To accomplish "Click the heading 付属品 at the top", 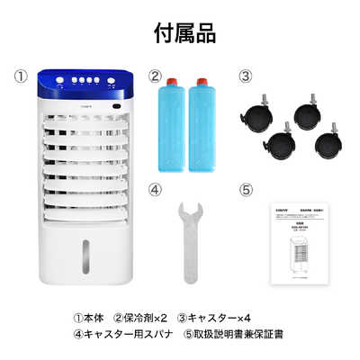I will click(179, 34).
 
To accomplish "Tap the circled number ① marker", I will click(22, 76).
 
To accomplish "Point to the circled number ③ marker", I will click(246, 76).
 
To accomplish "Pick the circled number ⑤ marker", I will click(246, 190).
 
